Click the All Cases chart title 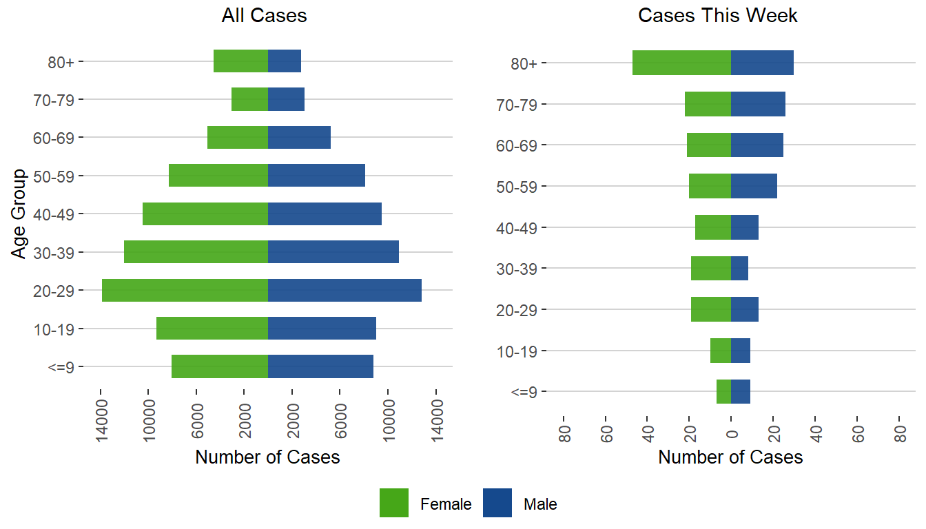coord(264,16)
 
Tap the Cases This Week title coord(718,16)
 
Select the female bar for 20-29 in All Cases coord(185,290)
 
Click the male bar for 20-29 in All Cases coord(344,290)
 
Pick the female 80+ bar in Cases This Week coord(681,63)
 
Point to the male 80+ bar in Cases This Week coord(762,63)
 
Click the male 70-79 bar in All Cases coord(286,99)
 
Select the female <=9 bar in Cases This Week coord(723,391)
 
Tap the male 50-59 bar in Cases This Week coord(754,186)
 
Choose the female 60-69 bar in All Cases coord(238,137)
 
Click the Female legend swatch coord(394,503)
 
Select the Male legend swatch coord(497,503)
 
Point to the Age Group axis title coord(19,214)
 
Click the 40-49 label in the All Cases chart coord(58,214)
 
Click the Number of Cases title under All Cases coord(267,457)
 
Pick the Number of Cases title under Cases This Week coord(730,457)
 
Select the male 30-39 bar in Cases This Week coord(739,268)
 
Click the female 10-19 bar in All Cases coord(212,328)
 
